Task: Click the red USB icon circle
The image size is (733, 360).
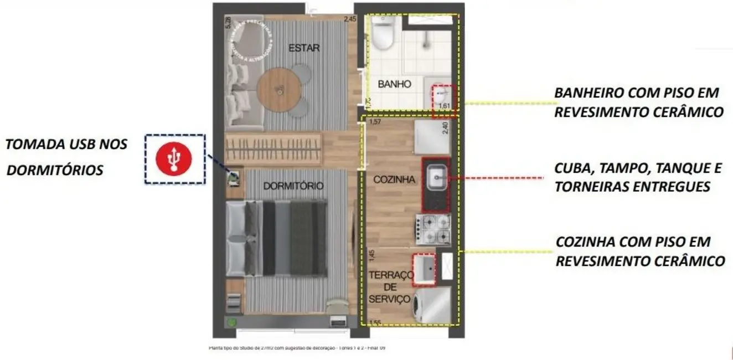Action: pyautogui.click(x=174, y=159)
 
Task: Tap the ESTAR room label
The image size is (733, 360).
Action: pyautogui.click(x=304, y=48)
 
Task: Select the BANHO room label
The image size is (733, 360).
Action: pyautogui.click(x=394, y=84)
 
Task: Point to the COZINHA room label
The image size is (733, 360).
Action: pyautogui.click(x=394, y=179)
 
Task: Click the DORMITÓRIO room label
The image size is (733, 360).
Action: pyautogui.click(x=293, y=187)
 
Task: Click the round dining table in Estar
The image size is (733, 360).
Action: pyautogui.click(x=279, y=89)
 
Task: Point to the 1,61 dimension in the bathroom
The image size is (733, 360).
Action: pyautogui.click(x=443, y=106)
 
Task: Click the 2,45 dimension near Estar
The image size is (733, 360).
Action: pyautogui.click(x=350, y=19)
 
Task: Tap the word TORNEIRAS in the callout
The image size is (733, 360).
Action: pyautogui.click(x=589, y=187)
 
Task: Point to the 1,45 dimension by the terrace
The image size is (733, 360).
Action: pyautogui.click(x=371, y=256)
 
